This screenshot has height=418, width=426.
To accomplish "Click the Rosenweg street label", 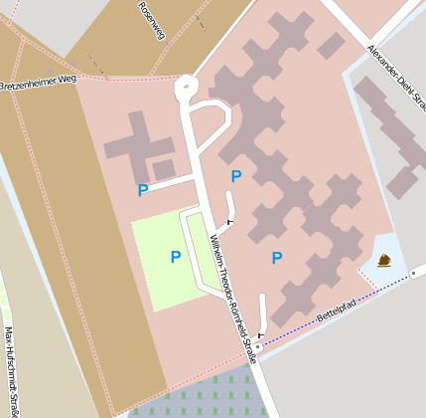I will pyautogui.click(x=153, y=19).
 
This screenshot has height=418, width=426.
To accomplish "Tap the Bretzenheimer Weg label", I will pyautogui.click(x=38, y=82).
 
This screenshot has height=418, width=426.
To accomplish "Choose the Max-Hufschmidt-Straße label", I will pyautogui.click(x=11, y=369).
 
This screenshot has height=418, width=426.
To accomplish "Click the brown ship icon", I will pyautogui.click(x=384, y=261).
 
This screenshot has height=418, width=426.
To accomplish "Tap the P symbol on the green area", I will pyautogui.click(x=176, y=257).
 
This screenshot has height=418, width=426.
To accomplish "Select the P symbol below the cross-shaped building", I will pyautogui.click(x=143, y=189).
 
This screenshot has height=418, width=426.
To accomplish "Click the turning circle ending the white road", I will pyautogui.click(x=186, y=89).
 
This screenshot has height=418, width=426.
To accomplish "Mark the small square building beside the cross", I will pyautogui.click(x=165, y=169).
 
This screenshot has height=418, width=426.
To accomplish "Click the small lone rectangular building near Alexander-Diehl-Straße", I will pyautogui.click(x=332, y=45).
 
